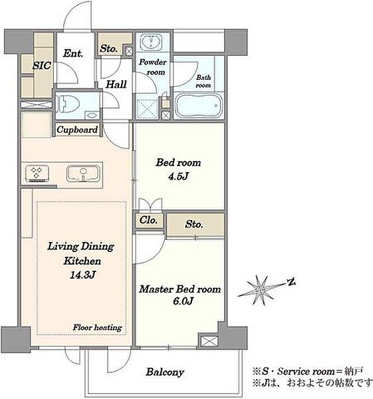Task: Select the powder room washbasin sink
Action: click(152, 41)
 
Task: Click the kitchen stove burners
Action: click(37, 173)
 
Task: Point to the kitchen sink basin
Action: click(83, 174)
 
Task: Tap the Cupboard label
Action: click(77, 130)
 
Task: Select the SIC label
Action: click(42, 66)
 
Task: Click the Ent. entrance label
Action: click(73, 53)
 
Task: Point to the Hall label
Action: click(116, 84)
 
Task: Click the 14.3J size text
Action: click(82, 275)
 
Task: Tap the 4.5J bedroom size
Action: click(178, 176)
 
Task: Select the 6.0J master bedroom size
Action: click(183, 301)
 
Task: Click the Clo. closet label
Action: click(148, 220)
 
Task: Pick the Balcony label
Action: click(165, 372)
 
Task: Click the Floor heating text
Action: click(97, 327)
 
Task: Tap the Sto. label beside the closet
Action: click(194, 224)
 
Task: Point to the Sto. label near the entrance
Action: click(108, 49)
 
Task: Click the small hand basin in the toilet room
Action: click(92, 115)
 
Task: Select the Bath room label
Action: click(203, 81)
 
